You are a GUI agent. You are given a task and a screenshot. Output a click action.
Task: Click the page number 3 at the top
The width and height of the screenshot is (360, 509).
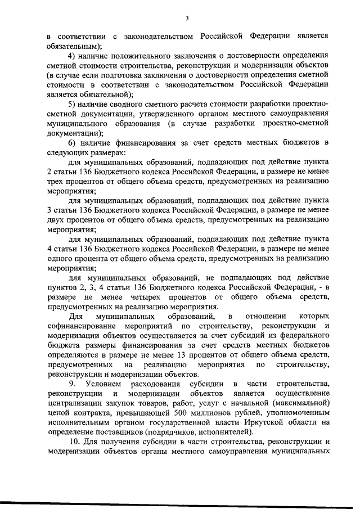[x=186, y=19]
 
